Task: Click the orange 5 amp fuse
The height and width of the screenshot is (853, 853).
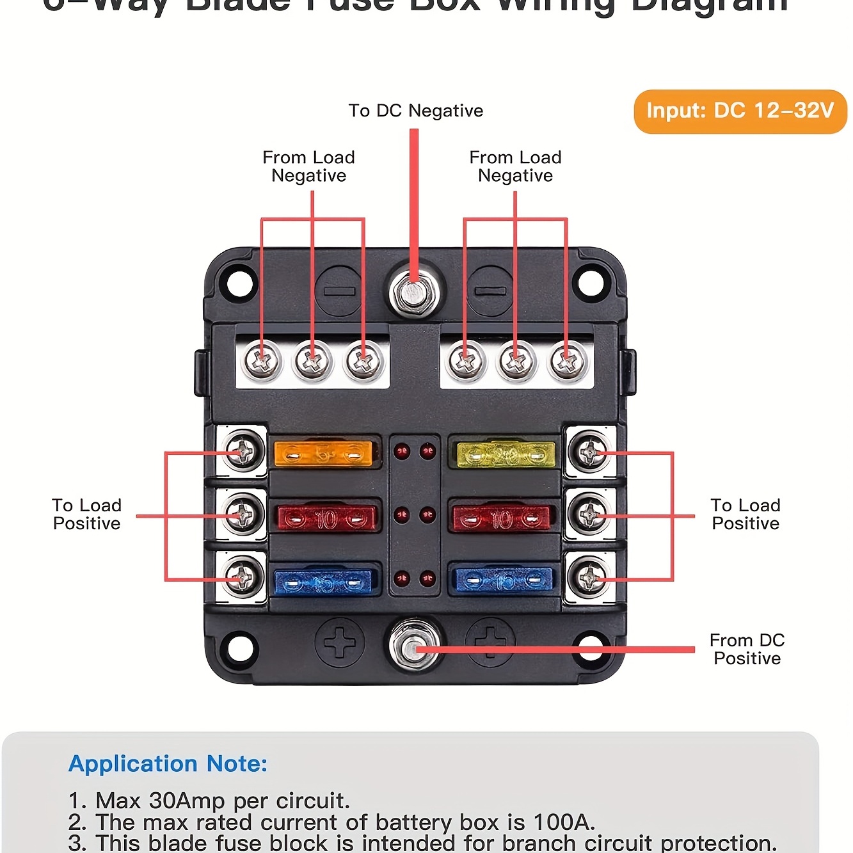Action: (x=323, y=454)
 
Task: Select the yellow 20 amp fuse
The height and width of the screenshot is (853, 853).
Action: (x=506, y=454)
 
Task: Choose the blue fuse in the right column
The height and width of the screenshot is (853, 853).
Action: (x=502, y=580)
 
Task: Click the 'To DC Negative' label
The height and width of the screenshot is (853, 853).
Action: (x=416, y=111)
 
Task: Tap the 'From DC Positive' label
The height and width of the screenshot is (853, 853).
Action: (x=747, y=649)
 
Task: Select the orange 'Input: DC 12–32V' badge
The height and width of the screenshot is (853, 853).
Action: (x=740, y=111)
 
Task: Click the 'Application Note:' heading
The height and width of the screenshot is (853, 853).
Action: (x=168, y=763)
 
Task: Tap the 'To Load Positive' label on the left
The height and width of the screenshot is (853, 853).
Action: (x=86, y=514)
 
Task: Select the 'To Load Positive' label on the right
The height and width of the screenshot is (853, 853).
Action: (x=745, y=514)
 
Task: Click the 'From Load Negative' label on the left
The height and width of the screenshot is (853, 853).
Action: (x=308, y=166)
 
